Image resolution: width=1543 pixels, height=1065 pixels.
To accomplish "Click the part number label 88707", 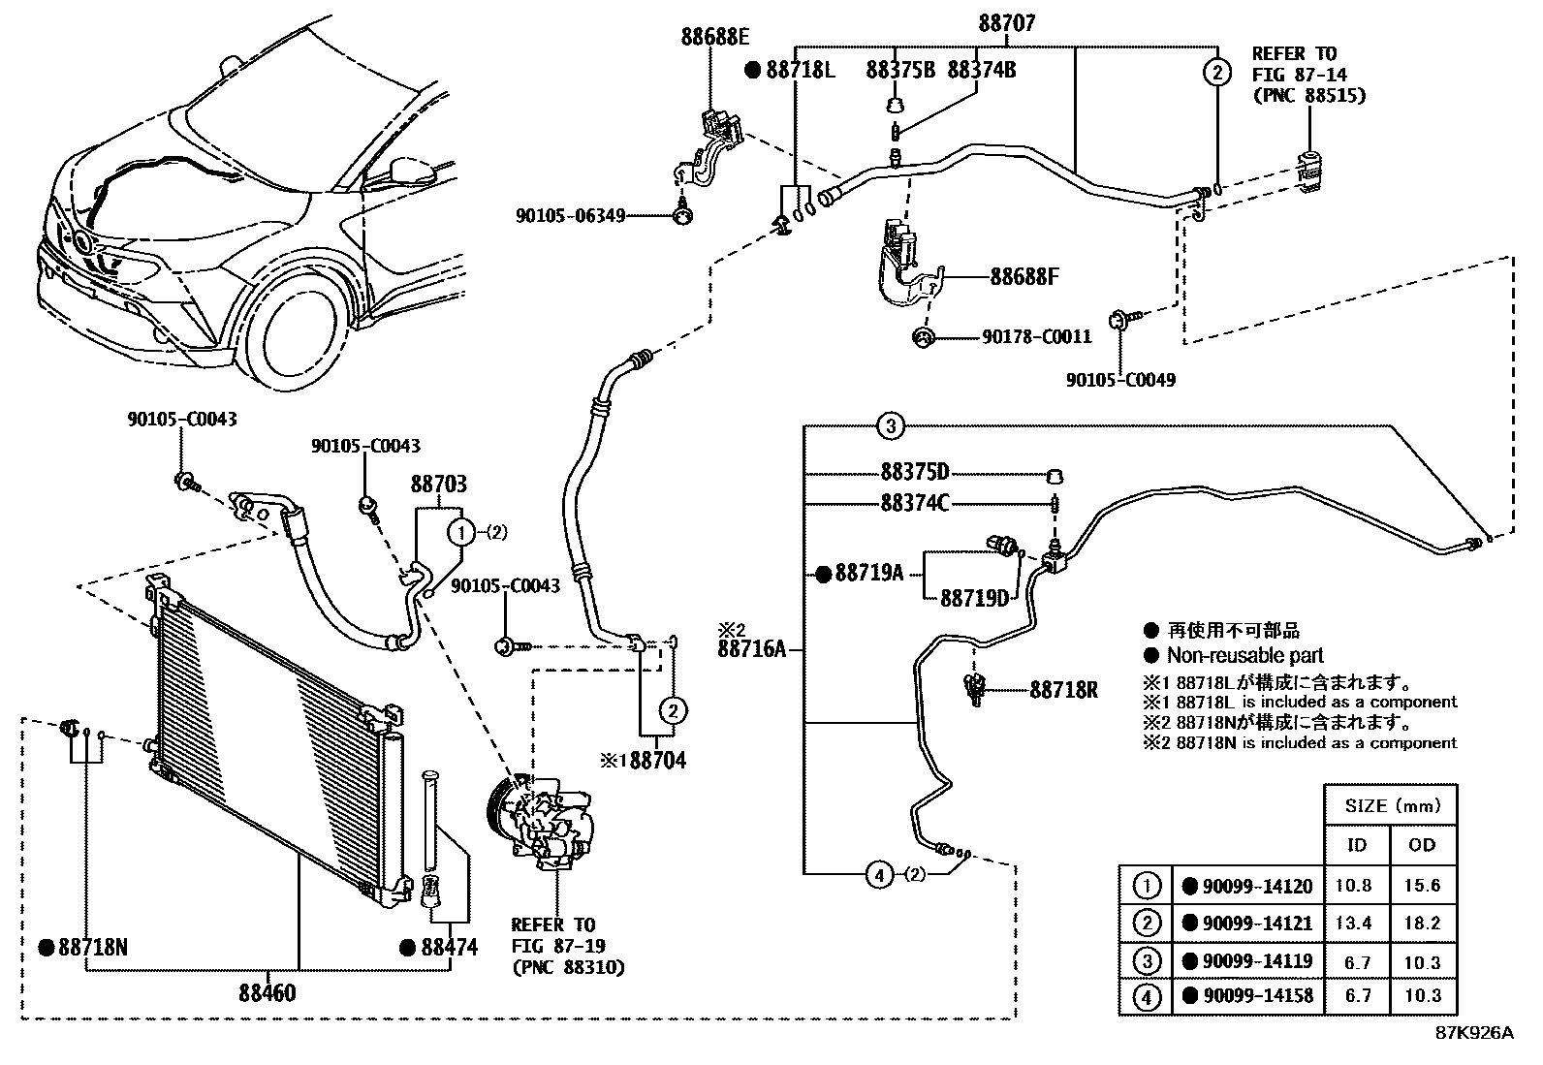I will pos(1006,23).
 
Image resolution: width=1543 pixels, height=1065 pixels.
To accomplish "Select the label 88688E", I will pos(715,38).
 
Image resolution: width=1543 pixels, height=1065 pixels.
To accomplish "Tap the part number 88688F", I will pos(1024,277).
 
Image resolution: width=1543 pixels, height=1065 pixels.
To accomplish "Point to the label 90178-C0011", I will pos(1037,337).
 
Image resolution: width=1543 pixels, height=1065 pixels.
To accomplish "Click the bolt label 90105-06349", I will pos(570,215).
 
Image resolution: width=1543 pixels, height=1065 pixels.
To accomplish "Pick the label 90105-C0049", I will pos(1120,380).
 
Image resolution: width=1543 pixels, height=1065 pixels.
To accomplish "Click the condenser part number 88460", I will pos(268,992).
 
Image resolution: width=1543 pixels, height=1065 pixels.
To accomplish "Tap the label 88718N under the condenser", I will pos(92,947).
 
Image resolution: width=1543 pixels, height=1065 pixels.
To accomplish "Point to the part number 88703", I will pos(438,484).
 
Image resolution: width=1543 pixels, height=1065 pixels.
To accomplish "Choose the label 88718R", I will pos(1063,691).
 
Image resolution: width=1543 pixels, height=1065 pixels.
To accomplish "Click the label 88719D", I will pos(974,598).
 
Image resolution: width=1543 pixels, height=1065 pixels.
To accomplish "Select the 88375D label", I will pos(914,473).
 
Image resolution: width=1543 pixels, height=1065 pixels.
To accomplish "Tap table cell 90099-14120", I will pos(1257,886).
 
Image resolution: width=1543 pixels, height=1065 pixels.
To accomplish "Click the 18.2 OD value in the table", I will pos(1422,924).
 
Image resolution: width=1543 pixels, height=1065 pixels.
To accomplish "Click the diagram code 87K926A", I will pos(1473,1033).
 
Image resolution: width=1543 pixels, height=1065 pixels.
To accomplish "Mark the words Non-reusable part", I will pos(1244,655).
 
